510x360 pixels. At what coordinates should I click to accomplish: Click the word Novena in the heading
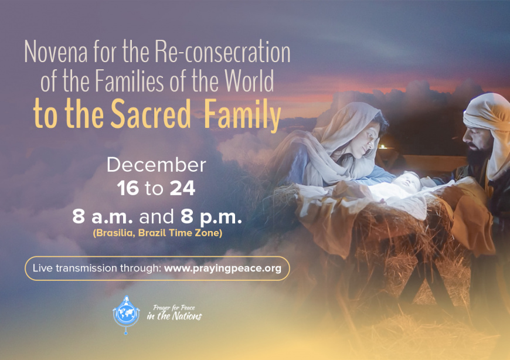click(x=56, y=52)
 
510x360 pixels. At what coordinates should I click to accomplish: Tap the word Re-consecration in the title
click(x=223, y=52)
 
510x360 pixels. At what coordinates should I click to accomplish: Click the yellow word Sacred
click(x=150, y=114)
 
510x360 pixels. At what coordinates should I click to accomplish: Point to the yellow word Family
click(x=242, y=116)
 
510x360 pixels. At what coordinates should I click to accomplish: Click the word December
click(x=157, y=165)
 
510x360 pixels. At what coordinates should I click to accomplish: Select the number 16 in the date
click(x=128, y=188)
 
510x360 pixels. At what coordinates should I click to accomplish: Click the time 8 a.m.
click(x=103, y=216)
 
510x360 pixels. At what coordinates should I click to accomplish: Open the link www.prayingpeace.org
click(x=223, y=269)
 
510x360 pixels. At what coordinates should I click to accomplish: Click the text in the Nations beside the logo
click(x=174, y=316)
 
